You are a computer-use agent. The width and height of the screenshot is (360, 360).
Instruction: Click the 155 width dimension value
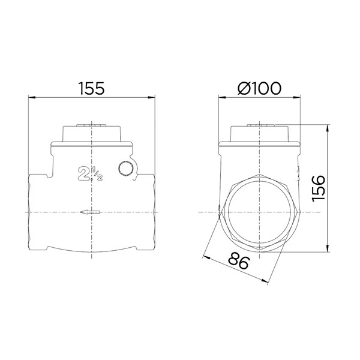coord(92,88)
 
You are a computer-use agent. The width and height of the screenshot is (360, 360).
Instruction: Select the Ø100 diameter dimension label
coord(259,88)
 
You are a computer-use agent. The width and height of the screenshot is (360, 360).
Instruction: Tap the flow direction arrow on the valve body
coord(91,212)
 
